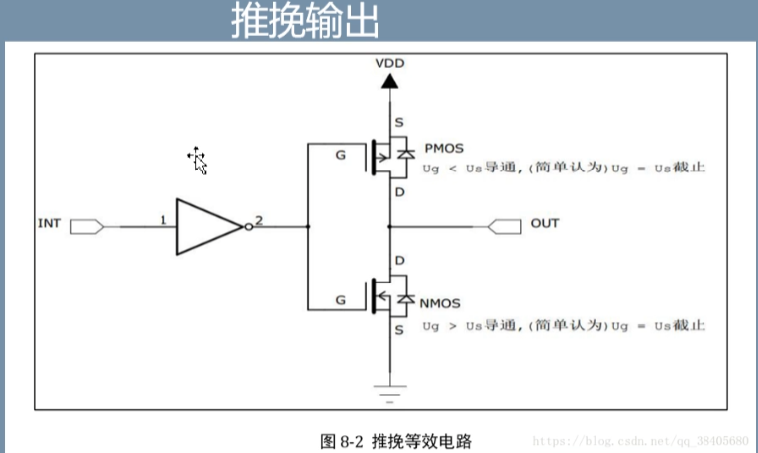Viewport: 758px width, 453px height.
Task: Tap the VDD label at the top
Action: pos(389,63)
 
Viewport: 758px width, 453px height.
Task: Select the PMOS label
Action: pos(444,148)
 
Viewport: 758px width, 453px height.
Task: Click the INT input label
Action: pos(49,223)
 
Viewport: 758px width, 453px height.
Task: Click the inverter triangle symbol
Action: pos(209,226)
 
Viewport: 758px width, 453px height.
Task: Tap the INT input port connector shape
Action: pos(87,226)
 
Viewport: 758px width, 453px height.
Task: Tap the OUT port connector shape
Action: pos(504,226)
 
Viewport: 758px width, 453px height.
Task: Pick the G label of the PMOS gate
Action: pos(341,156)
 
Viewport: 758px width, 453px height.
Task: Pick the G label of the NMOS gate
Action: pos(341,297)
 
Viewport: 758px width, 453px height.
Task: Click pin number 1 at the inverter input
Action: pos(162,220)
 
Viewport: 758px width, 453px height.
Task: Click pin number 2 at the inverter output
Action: pos(259,220)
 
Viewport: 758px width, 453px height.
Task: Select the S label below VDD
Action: pos(399,121)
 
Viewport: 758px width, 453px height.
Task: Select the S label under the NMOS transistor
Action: pos(399,328)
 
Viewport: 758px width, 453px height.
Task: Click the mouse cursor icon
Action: pos(198,160)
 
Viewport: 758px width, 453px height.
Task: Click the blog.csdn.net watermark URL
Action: pos(640,438)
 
